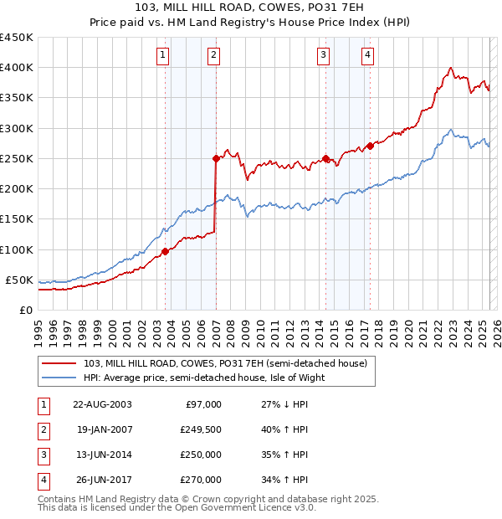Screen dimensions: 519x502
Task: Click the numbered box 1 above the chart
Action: coord(161,56)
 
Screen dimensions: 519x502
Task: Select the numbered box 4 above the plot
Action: coord(367,56)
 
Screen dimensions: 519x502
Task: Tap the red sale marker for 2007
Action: coord(215,158)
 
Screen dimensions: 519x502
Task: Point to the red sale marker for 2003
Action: coord(165,250)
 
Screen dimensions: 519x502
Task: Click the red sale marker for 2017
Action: coord(370,146)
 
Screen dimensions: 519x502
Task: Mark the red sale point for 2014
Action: coord(325,158)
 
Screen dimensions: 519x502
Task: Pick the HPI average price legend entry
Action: coord(203,378)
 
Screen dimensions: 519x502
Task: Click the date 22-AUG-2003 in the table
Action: coord(101,404)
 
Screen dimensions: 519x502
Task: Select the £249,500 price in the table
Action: coord(200,429)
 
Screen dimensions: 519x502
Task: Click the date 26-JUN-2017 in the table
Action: coord(101,480)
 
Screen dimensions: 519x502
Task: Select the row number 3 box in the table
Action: coord(43,455)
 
